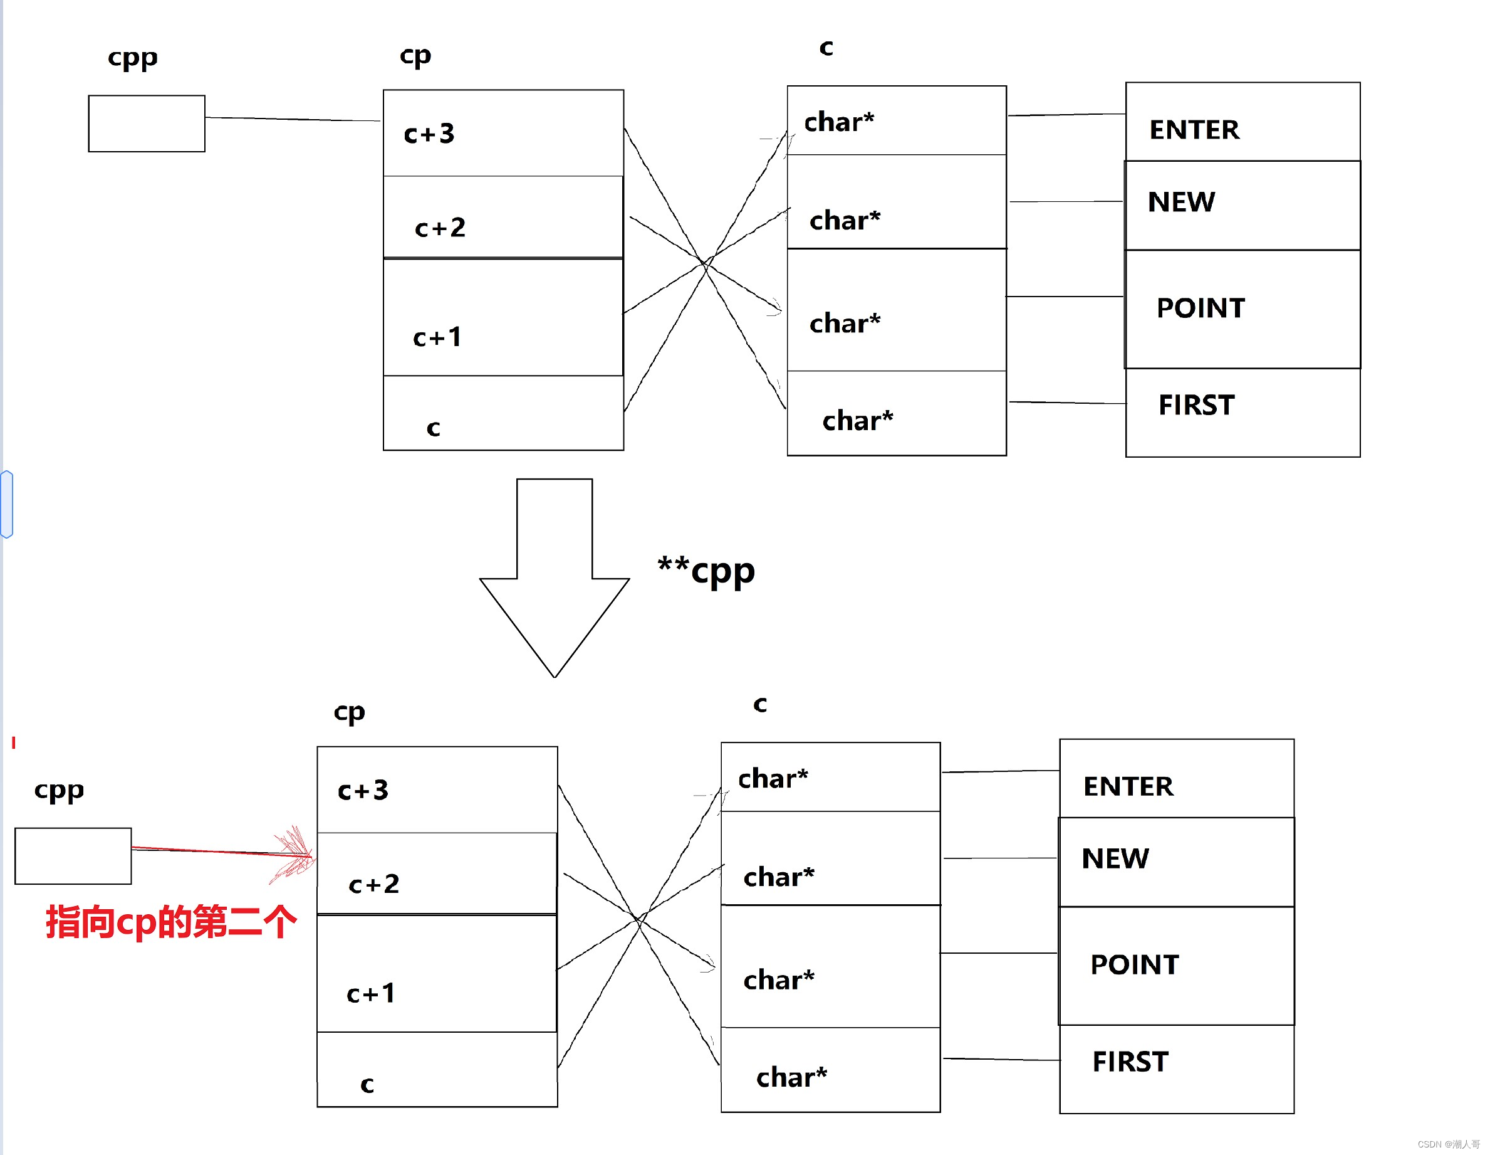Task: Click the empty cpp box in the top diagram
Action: pyautogui.click(x=146, y=124)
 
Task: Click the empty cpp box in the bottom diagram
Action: pyautogui.click(x=73, y=856)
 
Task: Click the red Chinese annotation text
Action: pyautogui.click(x=170, y=922)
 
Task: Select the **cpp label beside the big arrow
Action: pyautogui.click(x=706, y=570)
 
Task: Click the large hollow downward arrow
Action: pyautogui.click(x=554, y=580)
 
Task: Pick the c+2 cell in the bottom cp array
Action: pyautogui.click(x=437, y=873)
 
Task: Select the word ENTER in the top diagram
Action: pyautogui.click(x=1194, y=130)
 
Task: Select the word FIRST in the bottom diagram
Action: pyautogui.click(x=1130, y=1062)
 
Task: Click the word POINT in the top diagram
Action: pyautogui.click(x=1201, y=308)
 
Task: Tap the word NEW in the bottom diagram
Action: pyautogui.click(x=1115, y=858)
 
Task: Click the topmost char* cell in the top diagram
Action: pyautogui.click(x=896, y=121)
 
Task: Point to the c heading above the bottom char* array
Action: pyautogui.click(x=760, y=704)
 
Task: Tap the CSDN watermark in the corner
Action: pyautogui.click(x=1447, y=1144)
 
